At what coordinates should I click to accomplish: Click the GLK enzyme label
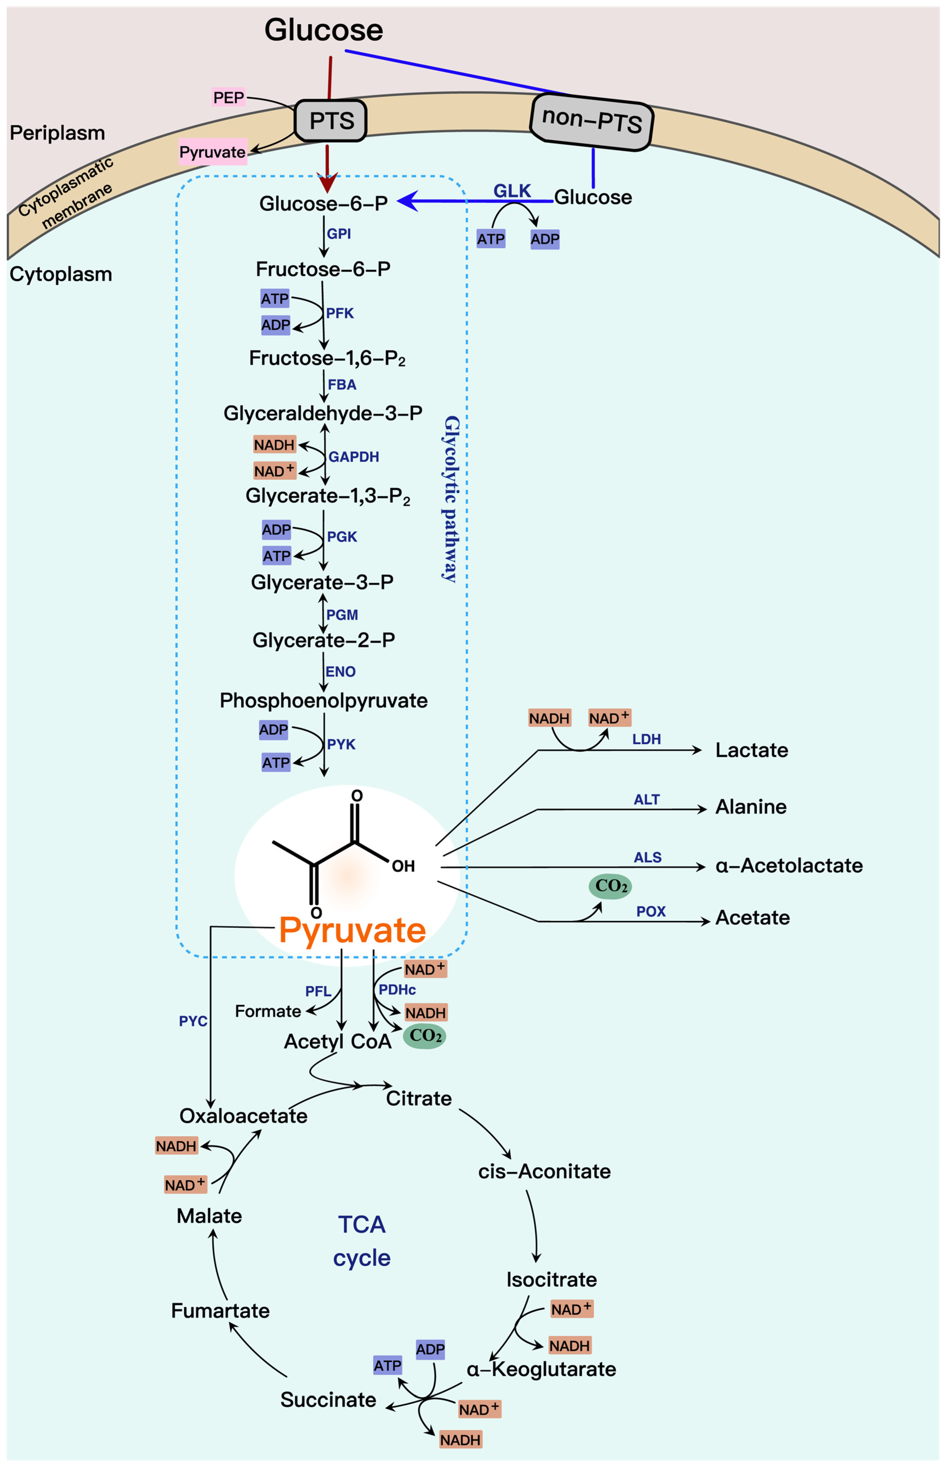(x=512, y=191)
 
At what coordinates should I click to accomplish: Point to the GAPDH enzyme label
(x=353, y=457)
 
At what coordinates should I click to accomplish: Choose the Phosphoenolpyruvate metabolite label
(x=323, y=700)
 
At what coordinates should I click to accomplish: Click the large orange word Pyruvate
(x=352, y=930)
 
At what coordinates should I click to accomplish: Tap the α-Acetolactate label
(x=788, y=865)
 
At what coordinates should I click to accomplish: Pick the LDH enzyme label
(x=646, y=739)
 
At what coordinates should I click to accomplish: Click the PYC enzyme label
(x=193, y=1021)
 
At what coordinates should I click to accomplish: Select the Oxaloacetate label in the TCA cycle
(x=243, y=1115)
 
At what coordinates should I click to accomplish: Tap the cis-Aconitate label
(x=544, y=1172)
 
